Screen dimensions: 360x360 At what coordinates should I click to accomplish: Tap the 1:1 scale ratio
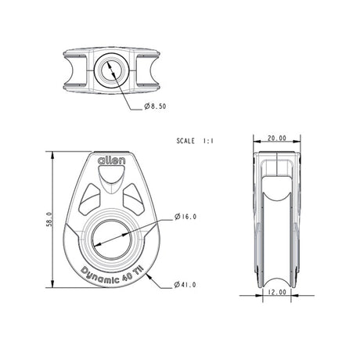pos(208,142)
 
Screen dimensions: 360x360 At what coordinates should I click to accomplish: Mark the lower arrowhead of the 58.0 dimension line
pos(53,289)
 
